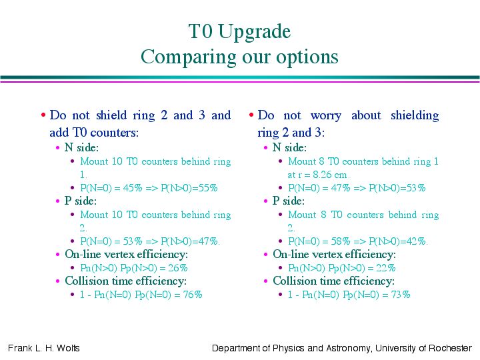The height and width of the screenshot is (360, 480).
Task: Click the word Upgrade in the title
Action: (254, 32)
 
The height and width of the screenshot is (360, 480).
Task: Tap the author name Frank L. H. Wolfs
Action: (44, 348)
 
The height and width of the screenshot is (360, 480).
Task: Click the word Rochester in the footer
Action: (450, 348)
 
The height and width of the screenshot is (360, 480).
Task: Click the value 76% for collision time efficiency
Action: (193, 295)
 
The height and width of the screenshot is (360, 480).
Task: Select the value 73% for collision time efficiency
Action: (401, 295)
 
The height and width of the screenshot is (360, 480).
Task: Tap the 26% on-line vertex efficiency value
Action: (177, 268)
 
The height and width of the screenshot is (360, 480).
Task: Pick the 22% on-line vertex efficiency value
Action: (386, 268)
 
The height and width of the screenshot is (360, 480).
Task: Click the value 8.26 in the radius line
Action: (323, 175)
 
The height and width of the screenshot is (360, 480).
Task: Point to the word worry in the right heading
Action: (326, 116)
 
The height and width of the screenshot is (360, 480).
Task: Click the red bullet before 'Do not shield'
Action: (43, 115)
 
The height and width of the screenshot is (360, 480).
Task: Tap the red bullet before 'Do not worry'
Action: (251, 115)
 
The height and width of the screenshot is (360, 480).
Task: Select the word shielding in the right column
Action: (415, 116)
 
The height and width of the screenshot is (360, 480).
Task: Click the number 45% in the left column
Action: (133, 187)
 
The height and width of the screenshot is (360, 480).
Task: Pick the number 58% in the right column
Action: (341, 241)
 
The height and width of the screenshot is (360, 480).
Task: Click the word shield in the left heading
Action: (111, 115)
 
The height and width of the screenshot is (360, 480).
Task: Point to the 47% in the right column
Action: (341, 187)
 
